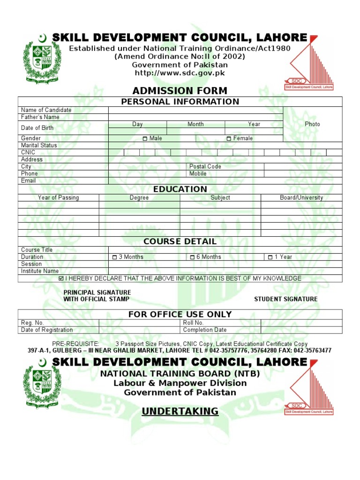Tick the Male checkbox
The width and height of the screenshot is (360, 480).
[x=145, y=139]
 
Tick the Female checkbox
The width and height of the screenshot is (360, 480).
[x=229, y=139]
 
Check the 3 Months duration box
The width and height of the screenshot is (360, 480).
[x=114, y=257]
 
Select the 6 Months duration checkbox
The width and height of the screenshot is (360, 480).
[x=192, y=257]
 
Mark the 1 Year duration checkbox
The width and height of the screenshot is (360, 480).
[x=270, y=257]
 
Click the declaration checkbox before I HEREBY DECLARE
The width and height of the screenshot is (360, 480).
[x=61, y=278]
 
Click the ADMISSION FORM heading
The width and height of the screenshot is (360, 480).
[x=180, y=90]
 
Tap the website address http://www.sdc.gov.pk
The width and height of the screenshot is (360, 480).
[x=180, y=73]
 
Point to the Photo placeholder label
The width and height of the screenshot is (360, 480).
[x=312, y=124]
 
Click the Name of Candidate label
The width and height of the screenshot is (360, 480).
[x=46, y=110]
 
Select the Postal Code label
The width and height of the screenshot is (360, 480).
[x=205, y=166]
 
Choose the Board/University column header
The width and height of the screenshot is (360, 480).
[x=301, y=198]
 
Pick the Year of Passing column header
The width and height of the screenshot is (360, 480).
[x=58, y=198]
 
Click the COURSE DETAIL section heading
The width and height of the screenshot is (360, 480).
[x=180, y=241]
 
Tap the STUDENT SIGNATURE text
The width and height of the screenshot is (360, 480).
[x=285, y=299]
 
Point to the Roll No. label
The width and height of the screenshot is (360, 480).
[x=193, y=323]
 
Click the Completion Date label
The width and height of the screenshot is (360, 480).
[x=205, y=330]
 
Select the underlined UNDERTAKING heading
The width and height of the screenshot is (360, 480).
[x=180, y=412]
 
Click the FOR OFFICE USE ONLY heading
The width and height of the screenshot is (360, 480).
[x=180, y=314]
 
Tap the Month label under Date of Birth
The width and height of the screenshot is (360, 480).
[x=195, y=124]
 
